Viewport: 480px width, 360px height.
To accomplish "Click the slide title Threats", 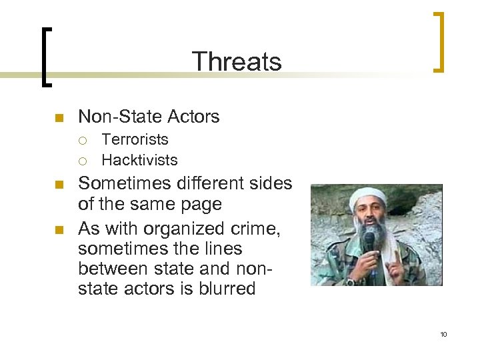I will (237, 61).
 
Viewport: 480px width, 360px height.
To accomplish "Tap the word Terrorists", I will (135, 140).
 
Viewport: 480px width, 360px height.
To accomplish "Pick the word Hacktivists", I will (139, 160).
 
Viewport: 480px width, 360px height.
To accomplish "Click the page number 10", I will (443, 334).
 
